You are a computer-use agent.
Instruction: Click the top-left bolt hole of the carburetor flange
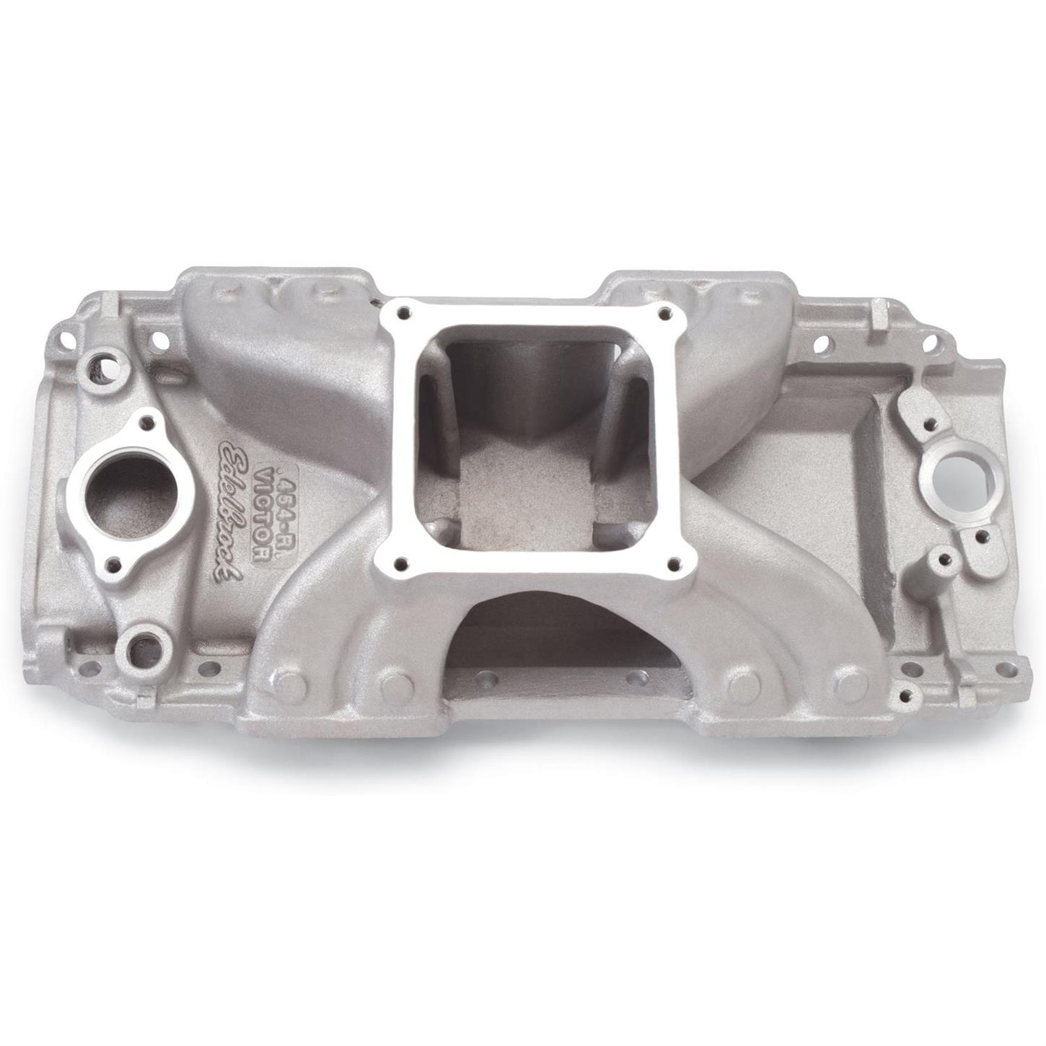click(x=404, y=312)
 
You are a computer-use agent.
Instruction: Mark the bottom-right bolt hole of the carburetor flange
click(x=674, y=564)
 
